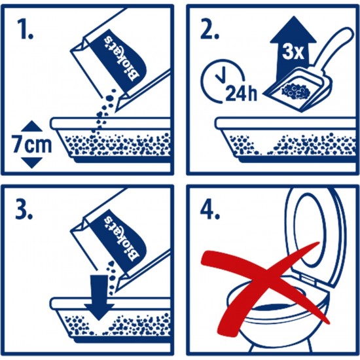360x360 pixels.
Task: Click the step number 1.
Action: [x=25, y=29]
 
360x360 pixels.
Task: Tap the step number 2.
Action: [x=209, y=29]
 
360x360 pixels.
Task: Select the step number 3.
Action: [x=24, y=209]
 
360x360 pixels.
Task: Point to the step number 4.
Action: [x=210, y=209]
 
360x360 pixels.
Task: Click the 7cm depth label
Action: [x=32, y=145]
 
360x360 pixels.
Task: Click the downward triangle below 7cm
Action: [x=31, y=163]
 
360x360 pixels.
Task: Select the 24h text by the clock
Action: [x=241, y=93]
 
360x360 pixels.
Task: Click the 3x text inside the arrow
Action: [x=293, y=52]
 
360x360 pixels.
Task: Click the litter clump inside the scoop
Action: [x=295, y=91]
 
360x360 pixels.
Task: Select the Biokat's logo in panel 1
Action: [x=122, y=58]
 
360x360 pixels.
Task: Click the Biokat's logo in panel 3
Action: [x=122, y=239]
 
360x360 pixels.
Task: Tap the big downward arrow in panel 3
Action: [x=99, y=297]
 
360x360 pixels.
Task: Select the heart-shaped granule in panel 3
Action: [x=111, y=264]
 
